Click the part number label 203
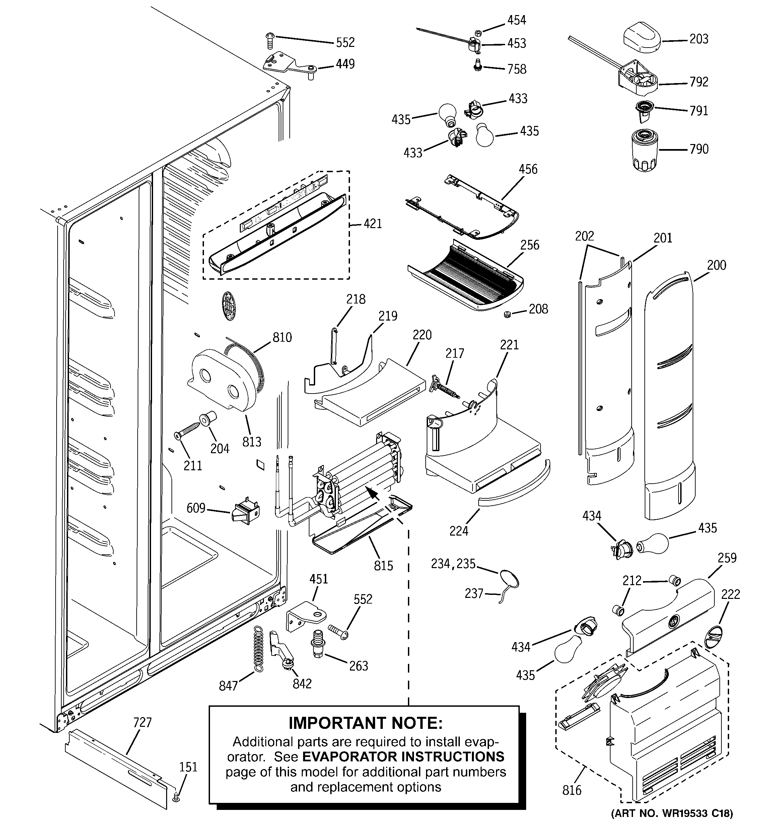click(699, 39)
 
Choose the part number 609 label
click(196, 508)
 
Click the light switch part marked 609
click(245, 511)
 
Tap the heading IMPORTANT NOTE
click(365, 723)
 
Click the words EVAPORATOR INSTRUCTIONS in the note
click(403, 756)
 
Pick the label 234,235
click(453, 564)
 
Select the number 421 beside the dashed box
click(372, 224)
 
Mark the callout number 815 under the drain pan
click(383, 565)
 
